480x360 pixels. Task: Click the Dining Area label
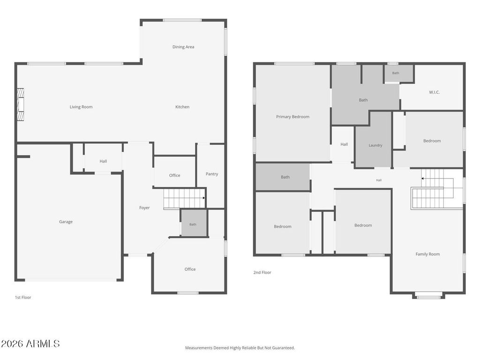[183, 47]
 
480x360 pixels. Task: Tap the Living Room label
[81, 107]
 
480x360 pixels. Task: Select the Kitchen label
[182, 107]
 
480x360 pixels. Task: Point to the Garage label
[66, 222]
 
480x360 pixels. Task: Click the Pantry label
[212, 174]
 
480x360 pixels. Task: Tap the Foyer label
[144, 208]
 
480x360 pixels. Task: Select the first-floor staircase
[184, 199]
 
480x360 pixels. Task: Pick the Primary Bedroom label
[292, 117]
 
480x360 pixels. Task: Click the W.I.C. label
[434, 92]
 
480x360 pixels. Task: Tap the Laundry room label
[375, 145]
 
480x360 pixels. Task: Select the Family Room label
[427, 254]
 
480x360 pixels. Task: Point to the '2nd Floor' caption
[262, 272]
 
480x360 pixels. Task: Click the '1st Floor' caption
[23, 297]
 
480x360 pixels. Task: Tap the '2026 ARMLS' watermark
[30, 344]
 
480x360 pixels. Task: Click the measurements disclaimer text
[240, 348]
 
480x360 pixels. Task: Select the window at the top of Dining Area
[182, 20]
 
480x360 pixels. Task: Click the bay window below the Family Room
[428, 296]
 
